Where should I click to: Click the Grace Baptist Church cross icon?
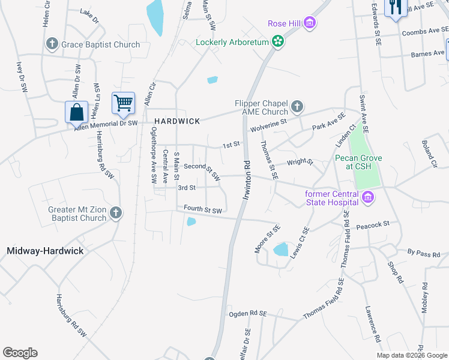[x=52, y=44]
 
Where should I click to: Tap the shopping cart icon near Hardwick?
[x=123, y=103]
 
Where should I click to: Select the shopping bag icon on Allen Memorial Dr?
[x=77, y=111]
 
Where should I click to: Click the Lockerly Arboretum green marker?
[x=277, y=42]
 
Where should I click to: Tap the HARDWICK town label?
[x=177, y=121]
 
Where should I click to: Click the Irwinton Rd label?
[x=247, y=175]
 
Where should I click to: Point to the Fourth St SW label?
[x=203, y=210]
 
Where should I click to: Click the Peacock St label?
[x=373, y=224]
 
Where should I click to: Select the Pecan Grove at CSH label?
[x=360, y=163]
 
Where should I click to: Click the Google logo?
[x=20, y=353]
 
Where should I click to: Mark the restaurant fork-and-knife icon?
[x=395, y=8]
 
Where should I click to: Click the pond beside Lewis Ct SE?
[x=280, y=249]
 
